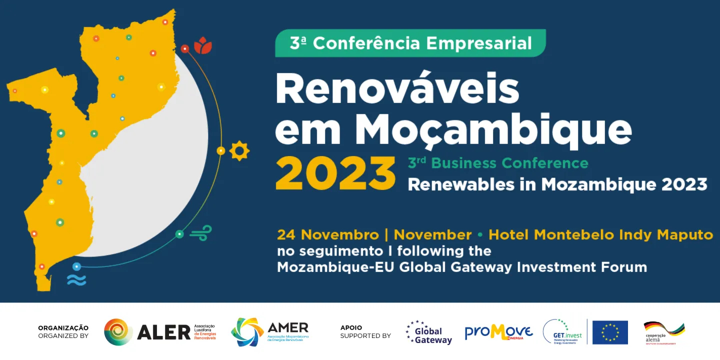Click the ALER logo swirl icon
(118, 332)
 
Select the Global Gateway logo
(429, 332)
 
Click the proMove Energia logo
(498, 332)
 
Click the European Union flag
(610, 332)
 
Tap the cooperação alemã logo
(663, 332)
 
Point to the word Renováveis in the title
(397, 89)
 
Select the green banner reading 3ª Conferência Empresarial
(410, 43)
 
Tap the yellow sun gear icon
(239, 150)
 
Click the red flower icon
(203, 45)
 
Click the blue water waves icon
(76, 280)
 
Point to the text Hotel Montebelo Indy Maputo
(600, 234)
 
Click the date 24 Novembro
(328, 234)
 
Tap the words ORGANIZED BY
(63, 336)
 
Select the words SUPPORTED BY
(365, 336)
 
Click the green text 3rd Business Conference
(498, 163)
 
